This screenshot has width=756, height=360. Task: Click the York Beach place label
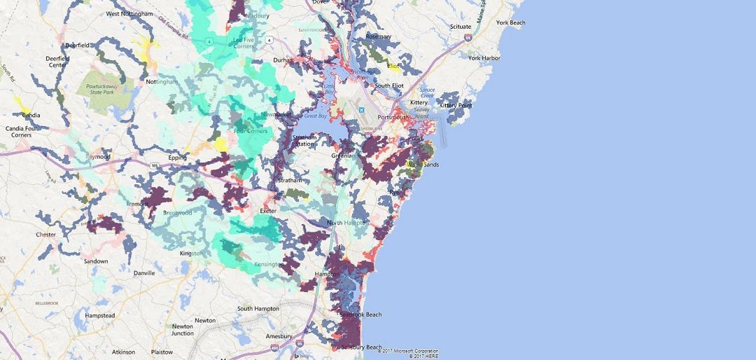(510, 22)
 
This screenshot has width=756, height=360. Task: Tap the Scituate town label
(461, 27)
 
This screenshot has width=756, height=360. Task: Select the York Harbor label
(484, 58)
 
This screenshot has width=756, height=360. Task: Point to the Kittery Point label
(456, 105)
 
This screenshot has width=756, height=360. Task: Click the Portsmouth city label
(391, 117)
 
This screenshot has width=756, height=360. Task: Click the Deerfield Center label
(56, 62)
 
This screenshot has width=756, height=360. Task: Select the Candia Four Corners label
(22, 130)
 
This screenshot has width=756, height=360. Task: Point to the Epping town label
(177, 158)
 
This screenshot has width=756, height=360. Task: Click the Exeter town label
(269, 210)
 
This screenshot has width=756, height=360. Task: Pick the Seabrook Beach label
(360, 314)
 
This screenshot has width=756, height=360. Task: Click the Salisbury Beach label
(361, 347)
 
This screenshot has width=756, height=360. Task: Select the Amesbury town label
(279, 336)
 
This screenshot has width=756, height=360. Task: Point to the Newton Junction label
(183, 330)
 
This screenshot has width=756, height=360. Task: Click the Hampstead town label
(99, 316)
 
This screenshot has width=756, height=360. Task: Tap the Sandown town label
(97, 261)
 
